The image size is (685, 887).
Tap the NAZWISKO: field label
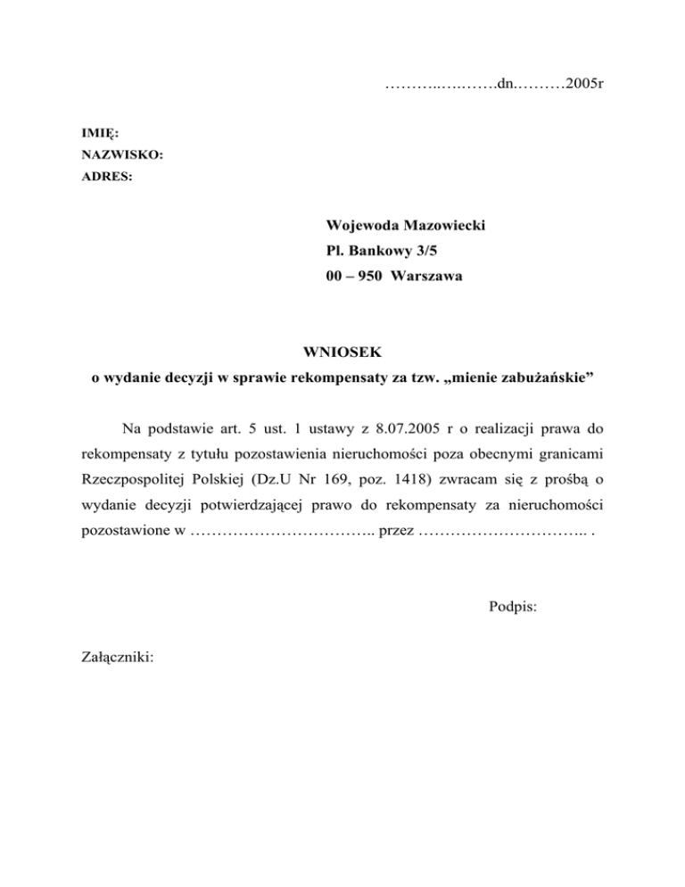pos(122,155)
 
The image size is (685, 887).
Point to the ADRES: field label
pos(107,177)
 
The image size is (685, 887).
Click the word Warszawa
pos(425,278)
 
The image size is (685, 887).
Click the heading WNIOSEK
pos(342,354)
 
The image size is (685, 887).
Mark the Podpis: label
pos(513,608)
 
